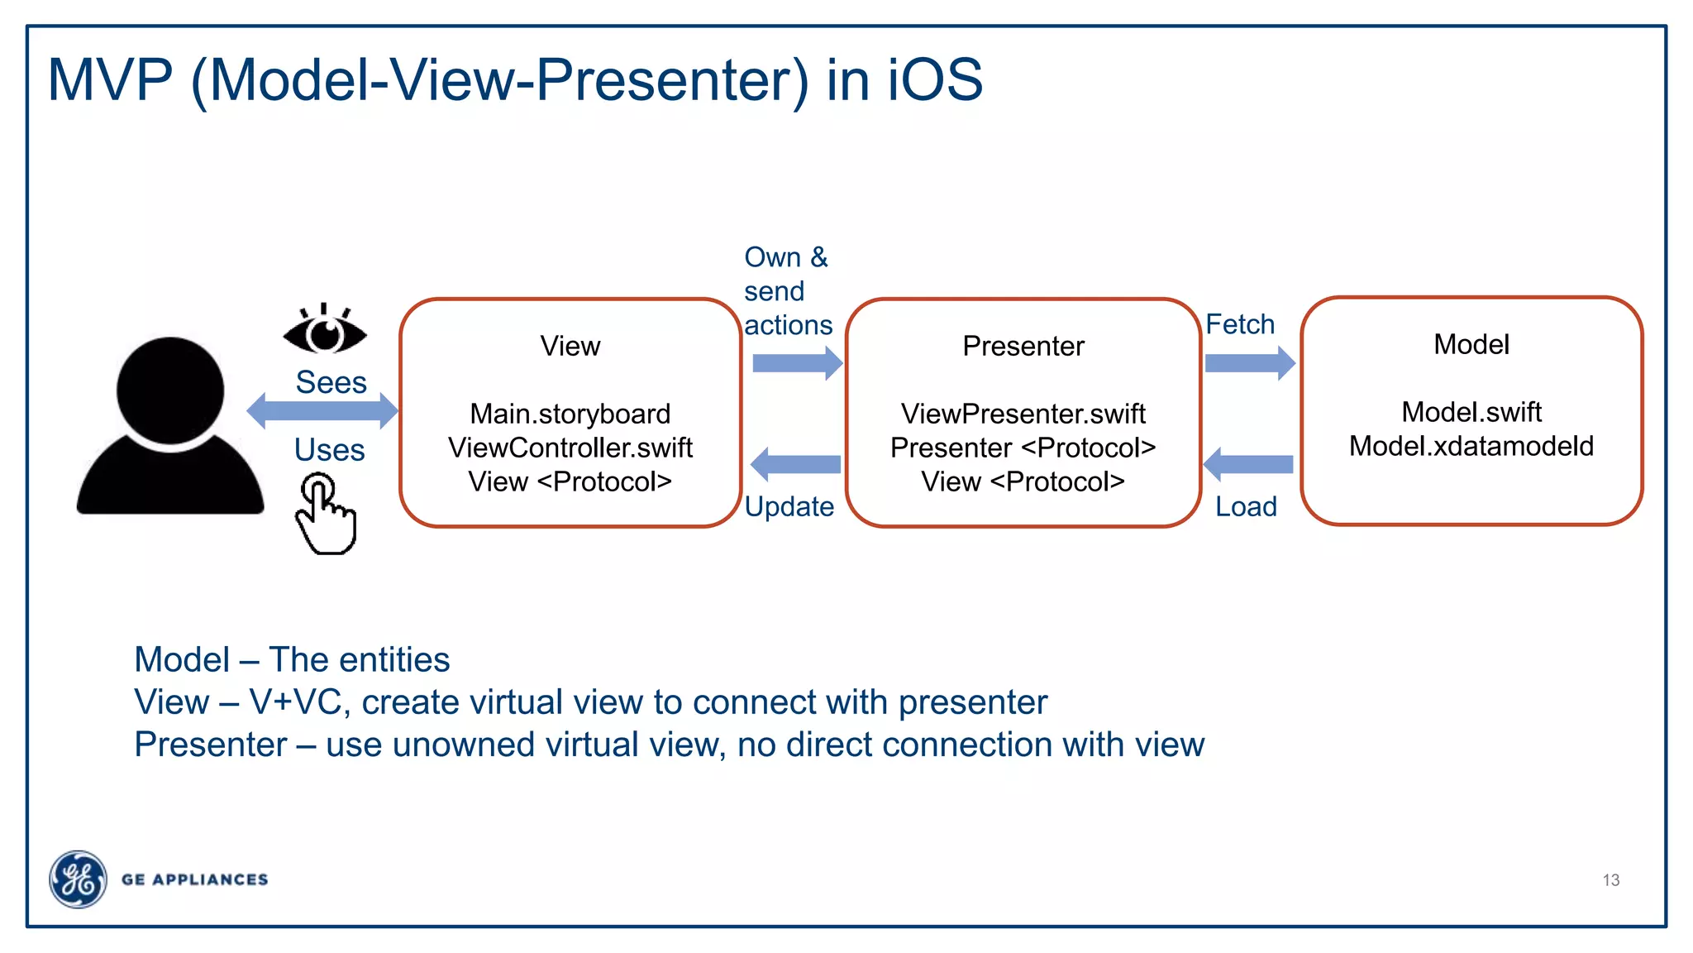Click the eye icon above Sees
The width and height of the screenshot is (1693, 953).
(x=324, y=332)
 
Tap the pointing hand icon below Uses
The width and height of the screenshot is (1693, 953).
(x=326, y=515)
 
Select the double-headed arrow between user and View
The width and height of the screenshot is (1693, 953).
(x=322, y=410)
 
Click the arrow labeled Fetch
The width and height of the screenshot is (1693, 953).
(x=1249, y=362)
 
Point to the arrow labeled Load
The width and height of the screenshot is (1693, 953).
(x=1248, y=464)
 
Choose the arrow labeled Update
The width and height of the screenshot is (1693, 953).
(x=795, y=464)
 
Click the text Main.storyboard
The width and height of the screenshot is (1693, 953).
(x=570, y=414)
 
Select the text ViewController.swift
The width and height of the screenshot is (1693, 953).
(x=570, y=448)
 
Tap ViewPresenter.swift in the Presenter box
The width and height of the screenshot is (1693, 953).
(x=1023, y=413)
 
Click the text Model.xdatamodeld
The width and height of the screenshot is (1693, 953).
(x=1471, y=446)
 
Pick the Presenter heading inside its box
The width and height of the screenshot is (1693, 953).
(x=1023, y=346)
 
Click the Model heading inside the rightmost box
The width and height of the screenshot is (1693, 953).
(x=1471, y=344)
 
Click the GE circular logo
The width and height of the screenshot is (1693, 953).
(x=78, y=879)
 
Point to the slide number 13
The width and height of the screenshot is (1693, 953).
(x=1610, y=880)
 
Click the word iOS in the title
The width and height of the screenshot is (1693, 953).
(x=935, y=80)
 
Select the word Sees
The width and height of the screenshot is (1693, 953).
(x=331, y=382)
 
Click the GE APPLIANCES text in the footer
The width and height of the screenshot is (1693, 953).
(x=195, y=879)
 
